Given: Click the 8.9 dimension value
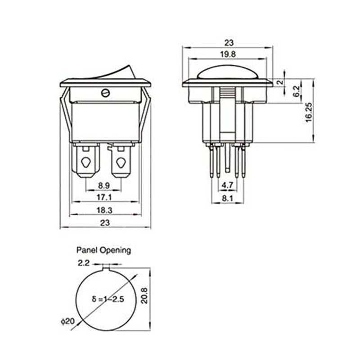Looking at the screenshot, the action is (104, 185).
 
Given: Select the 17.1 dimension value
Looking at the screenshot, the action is (104, 197).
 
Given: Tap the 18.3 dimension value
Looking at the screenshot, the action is (104, 210).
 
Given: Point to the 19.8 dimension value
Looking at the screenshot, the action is (228, 54).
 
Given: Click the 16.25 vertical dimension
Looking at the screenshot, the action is (309, 112).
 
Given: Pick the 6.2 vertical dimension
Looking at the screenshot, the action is (297, 91).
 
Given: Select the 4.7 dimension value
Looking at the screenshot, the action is (227, 185).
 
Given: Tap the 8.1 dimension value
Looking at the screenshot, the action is (227, 198).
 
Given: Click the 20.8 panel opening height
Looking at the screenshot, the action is (144, 296).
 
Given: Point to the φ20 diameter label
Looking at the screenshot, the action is (68, 321).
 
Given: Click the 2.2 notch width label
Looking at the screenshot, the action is (84, 263).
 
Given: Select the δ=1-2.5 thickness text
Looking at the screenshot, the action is (108, 299).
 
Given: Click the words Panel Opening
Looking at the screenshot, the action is (103, 250).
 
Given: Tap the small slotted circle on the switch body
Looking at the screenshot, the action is (105, 93).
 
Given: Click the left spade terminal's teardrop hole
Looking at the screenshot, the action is (86, 162).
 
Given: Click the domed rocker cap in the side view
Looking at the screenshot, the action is (227, 72).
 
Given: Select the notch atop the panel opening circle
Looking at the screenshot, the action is (106, 267).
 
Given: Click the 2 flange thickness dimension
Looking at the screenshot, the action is (280, 82).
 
